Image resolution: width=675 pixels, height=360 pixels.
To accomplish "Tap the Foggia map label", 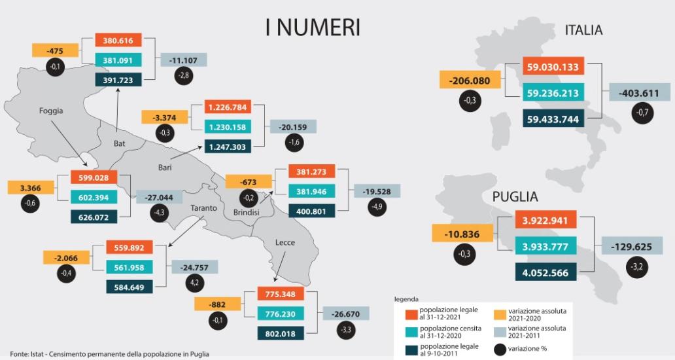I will pyautogui.click(x=51, y=111).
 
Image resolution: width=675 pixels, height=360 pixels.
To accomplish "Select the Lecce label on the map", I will pyautogui.click(x=285, y=242).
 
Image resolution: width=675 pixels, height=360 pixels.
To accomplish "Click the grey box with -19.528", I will pyautogui.click(x=377, y=191).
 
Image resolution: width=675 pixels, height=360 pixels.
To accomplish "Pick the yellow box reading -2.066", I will pyautogui.click(x=67, y=257).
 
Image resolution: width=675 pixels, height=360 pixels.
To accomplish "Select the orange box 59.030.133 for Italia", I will pyautogui.click(x=553, y=67).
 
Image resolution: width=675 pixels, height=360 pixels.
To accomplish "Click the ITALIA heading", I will pyautogui.click(x=583, y=30).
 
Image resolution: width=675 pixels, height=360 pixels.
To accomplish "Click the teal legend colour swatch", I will pyautogui.click(x=411, y=331).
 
